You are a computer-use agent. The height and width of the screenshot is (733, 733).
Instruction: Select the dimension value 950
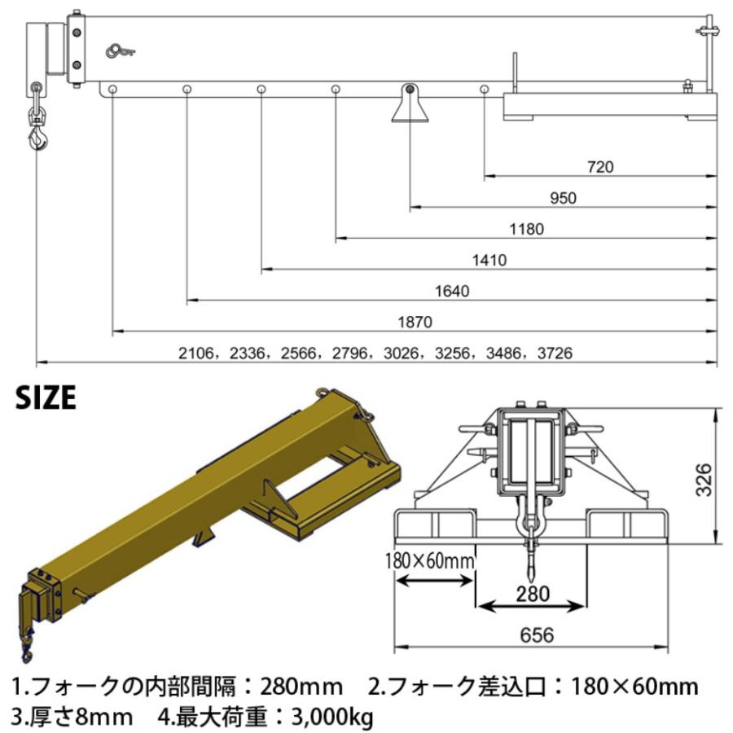click(x=563, y=198)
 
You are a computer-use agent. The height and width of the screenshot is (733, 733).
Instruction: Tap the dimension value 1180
click(x=526, y=229)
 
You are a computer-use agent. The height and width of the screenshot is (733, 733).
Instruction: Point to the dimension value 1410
click(x=489, y=261)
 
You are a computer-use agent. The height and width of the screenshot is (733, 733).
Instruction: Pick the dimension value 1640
click(x=453, y=291)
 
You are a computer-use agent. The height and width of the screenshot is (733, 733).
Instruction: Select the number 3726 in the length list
click(x=555, y=353)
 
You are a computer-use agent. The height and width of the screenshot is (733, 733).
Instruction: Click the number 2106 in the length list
click(x=195, y=353)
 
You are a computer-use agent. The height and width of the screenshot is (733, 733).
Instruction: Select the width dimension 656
click(x=533, y=634)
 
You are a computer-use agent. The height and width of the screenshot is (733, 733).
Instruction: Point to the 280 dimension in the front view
click(x=533, y=594)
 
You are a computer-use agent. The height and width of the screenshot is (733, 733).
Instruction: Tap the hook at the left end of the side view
click(x=37, y=134)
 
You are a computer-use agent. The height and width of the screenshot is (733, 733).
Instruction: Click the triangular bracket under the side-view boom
click(x=410, y=106)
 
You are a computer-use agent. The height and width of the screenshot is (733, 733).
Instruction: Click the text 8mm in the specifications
click(x=101, y=717)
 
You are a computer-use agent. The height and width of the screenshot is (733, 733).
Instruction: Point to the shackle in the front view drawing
click(x=531, y=517)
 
